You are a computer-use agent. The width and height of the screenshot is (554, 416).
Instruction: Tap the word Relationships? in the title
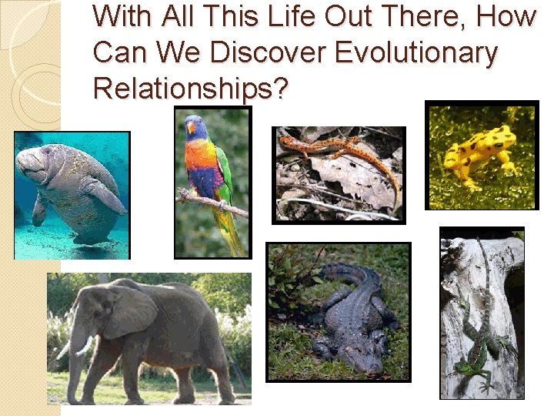pos(190,89)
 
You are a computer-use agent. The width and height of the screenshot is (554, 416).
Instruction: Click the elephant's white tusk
pos(85,346)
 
